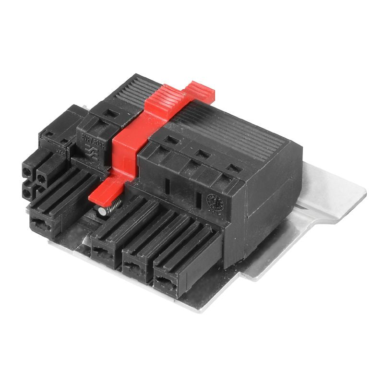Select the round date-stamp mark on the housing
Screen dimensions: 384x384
pos(212,201)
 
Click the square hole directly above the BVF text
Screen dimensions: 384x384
pos(110,114)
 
